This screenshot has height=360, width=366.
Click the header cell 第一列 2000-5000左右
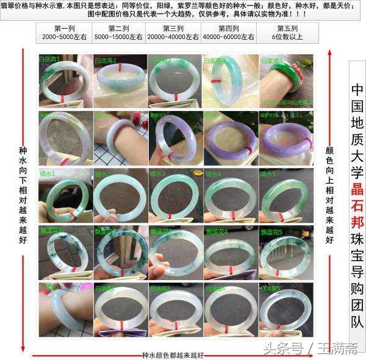[x=64, y=33]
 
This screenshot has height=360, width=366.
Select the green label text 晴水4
[x=215, y=174]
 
